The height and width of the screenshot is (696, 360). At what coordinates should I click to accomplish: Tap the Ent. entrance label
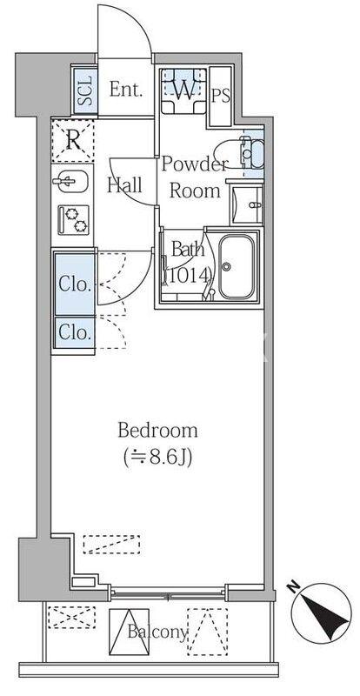pos(125,88)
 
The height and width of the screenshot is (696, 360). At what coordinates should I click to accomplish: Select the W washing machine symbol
pos(183,90)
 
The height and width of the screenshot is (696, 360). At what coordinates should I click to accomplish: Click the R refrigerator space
pos(73,137)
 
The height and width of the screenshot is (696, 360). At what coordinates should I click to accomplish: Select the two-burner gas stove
pos(72,218)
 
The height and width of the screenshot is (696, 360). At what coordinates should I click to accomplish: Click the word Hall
pos(126,184)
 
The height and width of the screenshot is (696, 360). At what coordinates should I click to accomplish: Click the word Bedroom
pos(157,430)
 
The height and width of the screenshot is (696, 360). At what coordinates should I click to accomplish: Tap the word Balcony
pos(157,632)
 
